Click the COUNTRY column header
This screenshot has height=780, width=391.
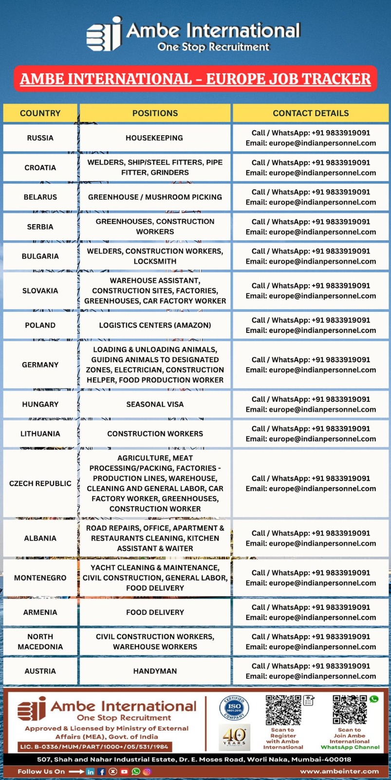[40, 113]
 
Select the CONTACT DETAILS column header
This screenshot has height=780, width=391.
[311, 113]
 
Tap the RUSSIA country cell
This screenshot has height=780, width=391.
[40, 138]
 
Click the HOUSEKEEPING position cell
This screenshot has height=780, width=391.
[155, 138]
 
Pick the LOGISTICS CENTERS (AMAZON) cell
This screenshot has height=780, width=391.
[155, 325]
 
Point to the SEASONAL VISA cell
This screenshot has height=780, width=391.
[155, 404]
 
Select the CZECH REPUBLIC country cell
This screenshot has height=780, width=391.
[40, 484]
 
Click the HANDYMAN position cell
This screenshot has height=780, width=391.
[155, 671]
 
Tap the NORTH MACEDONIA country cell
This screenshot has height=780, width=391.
[40, 642]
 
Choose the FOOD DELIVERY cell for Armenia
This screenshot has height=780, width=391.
[155, 612]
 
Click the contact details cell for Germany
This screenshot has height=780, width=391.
[311, 365]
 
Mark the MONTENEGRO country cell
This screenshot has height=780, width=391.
[40, 578]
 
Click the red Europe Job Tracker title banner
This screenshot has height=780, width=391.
[195, 78]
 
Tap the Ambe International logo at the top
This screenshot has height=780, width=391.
[194, 34]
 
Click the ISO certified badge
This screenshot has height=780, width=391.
[234, 707]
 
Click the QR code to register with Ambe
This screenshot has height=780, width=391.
[283, 710]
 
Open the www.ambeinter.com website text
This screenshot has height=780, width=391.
[339, 771]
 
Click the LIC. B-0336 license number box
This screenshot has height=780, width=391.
[94, 746]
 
